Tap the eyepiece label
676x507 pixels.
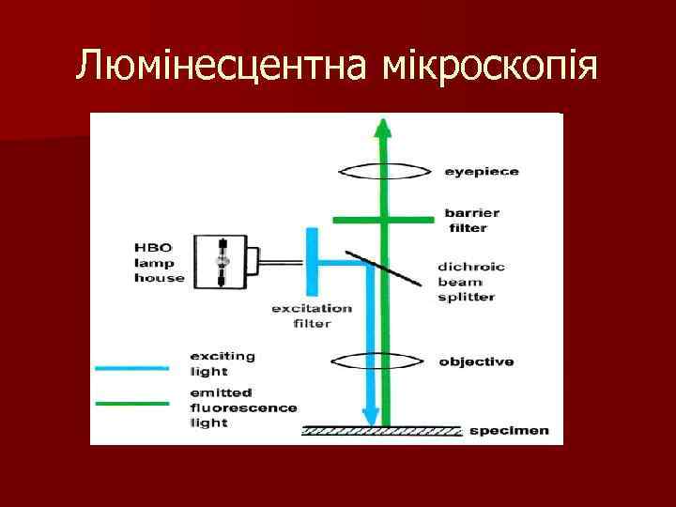tap(482, 172)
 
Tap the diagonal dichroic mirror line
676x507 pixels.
tap(379, 269)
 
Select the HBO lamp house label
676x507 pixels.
tap(160, 262)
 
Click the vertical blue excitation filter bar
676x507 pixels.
tap(312, 261)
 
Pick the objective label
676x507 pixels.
tap(476, 361)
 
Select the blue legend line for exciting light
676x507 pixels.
tap(132, 366)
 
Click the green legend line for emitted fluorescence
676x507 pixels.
tap(132, 402)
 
